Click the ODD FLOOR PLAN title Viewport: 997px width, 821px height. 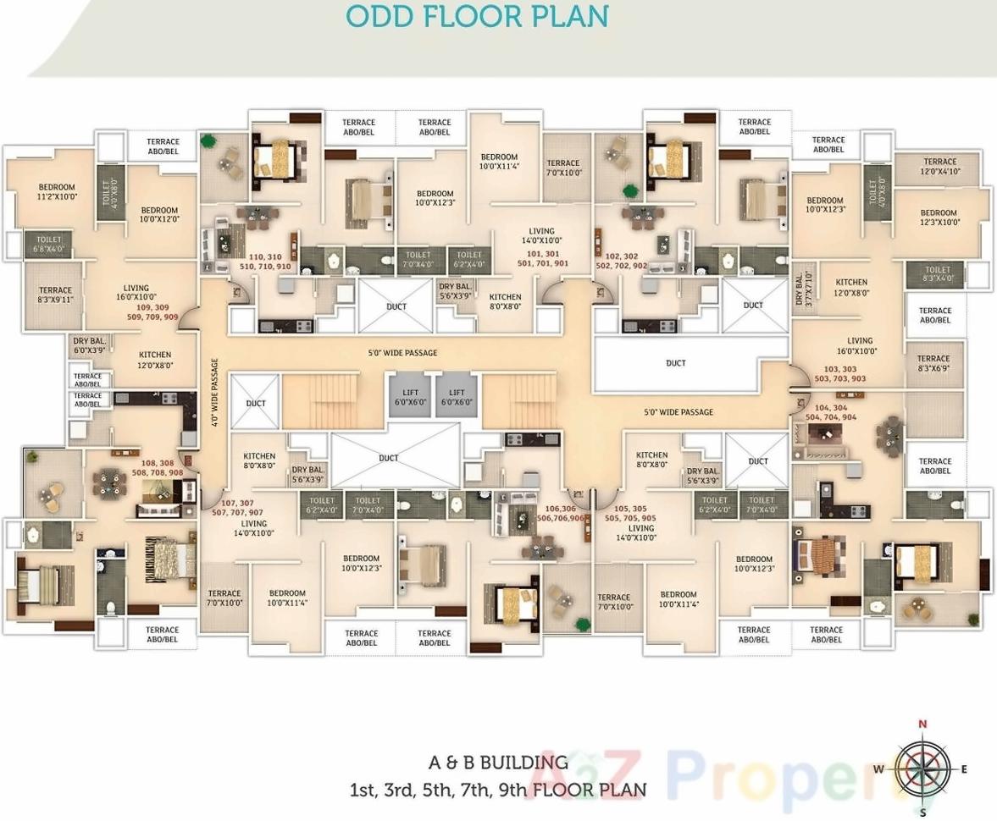click(478, 16)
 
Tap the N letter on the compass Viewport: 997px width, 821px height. click(922, 725)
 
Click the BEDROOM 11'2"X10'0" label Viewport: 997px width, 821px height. click(57, 192)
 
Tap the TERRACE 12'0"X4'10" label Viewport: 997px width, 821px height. click(939, 167)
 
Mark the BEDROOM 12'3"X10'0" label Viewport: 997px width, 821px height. click(939, 218)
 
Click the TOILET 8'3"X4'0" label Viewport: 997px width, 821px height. click(938, 274)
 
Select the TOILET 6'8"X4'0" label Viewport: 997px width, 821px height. click(48, 245)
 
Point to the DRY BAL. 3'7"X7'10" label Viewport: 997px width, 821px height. click(803, 289)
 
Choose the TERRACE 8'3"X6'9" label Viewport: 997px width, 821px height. click(933, 364)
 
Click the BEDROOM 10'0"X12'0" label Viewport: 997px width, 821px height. click(159, 215)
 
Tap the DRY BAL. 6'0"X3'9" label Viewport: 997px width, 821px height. click(89, 345)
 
